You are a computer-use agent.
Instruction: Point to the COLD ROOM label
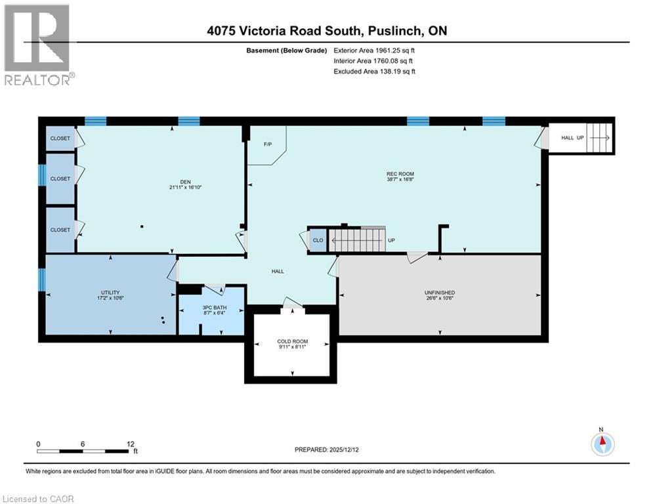pyautogui.click(x=292, y=341)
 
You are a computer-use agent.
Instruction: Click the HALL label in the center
pyautogui.click(x=278, y=271)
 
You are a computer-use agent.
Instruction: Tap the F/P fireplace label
pyautogui.click(x=268, y=144)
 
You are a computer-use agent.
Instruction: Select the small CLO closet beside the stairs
pyautogui.click(x=318, y=240)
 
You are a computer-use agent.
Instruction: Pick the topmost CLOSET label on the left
pyautogui.click(x=60, y=138)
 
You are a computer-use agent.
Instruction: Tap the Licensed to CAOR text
pyautogui.click(x=39, y=499)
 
